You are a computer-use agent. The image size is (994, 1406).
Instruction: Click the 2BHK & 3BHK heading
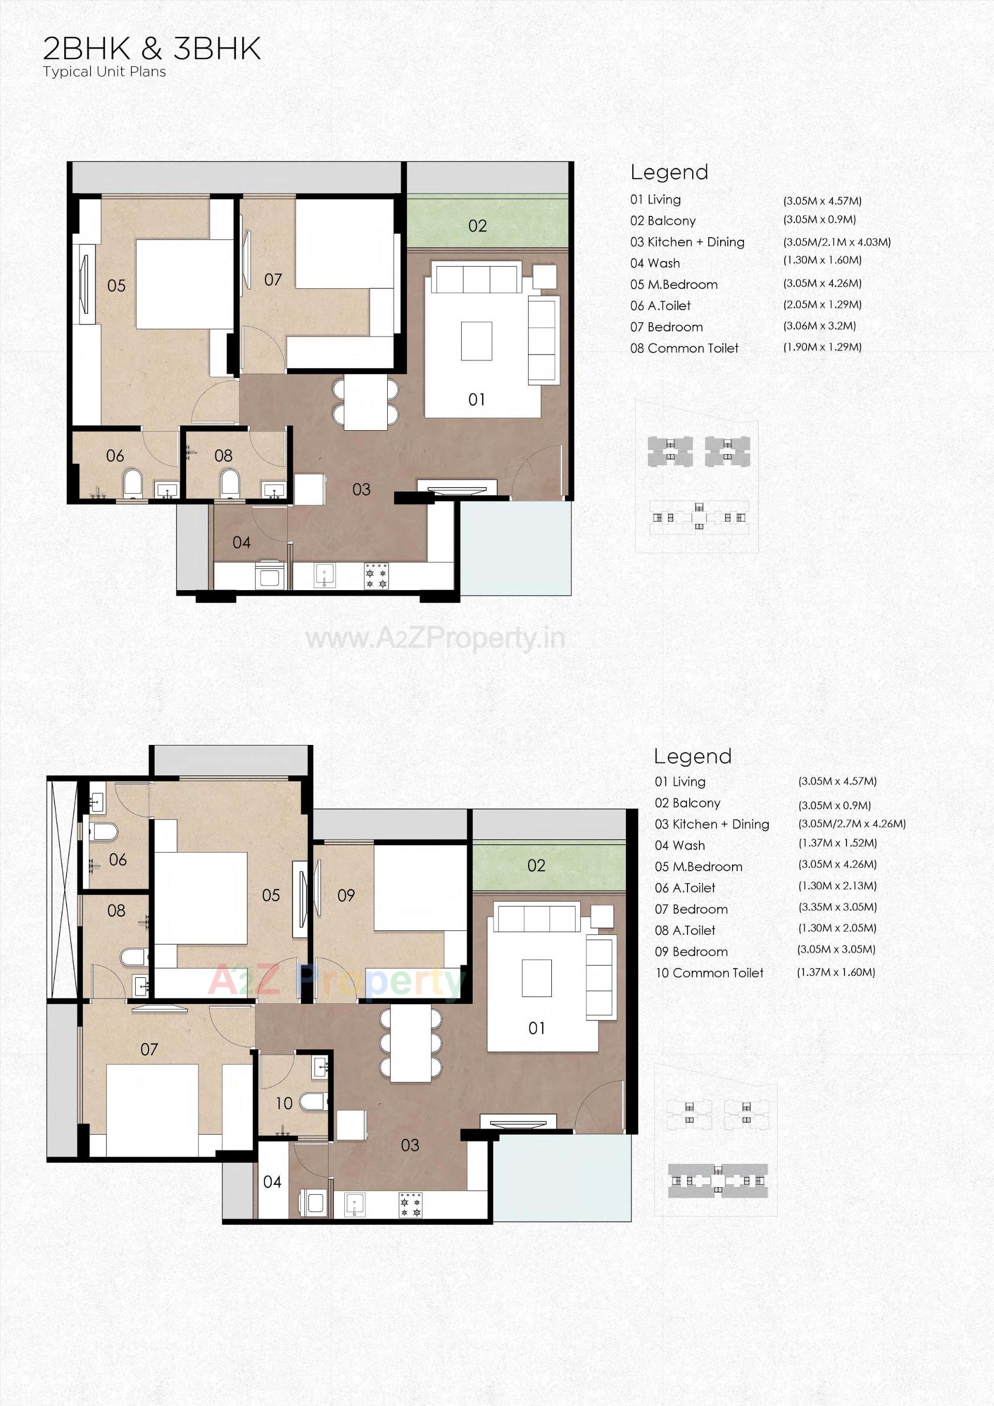click(x=152, y=49)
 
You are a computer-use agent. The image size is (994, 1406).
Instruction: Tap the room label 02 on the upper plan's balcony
click(x=477, y=226)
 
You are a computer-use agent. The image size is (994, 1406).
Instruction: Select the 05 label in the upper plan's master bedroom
click(x=116, y=286)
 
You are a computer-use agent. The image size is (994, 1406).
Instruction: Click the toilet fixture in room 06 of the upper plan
click(x=133, y=482)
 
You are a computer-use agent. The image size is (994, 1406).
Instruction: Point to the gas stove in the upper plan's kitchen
click(x=376, y=576)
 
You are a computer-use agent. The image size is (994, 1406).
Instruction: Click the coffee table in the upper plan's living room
click(x=476, y=341)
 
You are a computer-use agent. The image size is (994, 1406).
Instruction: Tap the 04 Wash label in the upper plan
click(x=241, y=543)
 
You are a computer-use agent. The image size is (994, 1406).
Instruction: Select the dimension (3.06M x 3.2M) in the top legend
click(x=820, y=326)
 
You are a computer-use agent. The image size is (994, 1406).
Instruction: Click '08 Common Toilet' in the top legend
click(x=684, y=348)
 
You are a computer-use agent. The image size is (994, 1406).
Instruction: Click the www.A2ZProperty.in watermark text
click(x=435, y=639)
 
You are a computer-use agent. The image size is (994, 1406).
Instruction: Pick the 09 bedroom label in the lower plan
click(x=346, y=895)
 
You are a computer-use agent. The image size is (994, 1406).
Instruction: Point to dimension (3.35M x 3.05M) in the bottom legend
click(x=837, y=907)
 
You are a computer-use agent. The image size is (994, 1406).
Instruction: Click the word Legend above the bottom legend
click(x=693, y=757)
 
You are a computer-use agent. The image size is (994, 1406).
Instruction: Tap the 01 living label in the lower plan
click(x=536, y=1028)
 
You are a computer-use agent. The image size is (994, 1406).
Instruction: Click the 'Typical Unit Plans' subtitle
click(x=104, y=71)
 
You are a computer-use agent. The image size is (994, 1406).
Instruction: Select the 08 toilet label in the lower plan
click(x=116, y=911)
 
